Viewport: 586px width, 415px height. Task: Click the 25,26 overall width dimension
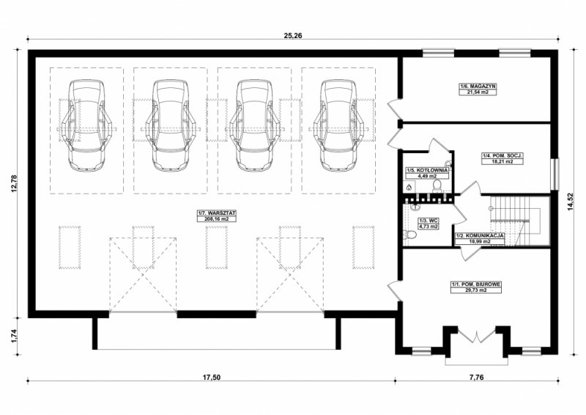pos(293,35)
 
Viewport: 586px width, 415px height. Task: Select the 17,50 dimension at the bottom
pos(212,377)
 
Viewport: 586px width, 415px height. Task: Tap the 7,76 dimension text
pos(477,377)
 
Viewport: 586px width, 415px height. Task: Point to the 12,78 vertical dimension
pos(14,183)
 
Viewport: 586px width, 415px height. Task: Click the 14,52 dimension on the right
pos(570,202)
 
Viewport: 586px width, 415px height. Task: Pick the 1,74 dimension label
pos(14,336)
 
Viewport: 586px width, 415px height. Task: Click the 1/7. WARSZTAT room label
pos(217,213)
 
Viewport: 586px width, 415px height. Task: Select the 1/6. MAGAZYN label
pos(478,86)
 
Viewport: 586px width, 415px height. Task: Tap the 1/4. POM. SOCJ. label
pos(502,155)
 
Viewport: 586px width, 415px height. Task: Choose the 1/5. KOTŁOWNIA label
pos(427,170)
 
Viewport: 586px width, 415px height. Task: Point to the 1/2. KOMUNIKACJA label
pos(480,236)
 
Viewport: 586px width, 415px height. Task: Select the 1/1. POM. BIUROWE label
pos(476,284)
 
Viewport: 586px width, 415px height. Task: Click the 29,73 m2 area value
pos(475,290)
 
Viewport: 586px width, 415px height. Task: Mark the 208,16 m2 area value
pos(217,219)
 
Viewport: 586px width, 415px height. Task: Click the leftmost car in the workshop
pos(86,125)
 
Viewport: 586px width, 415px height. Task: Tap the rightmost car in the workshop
pos(338,125)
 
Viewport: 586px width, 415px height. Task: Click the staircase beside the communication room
pos(516,221)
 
